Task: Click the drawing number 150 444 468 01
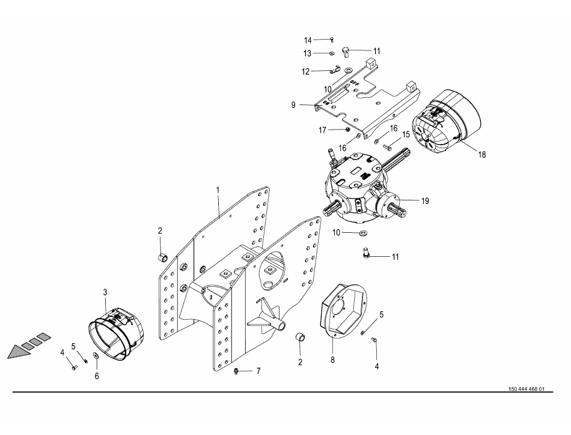(526, 389)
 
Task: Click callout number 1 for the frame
(218, 190)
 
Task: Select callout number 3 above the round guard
(105, 292)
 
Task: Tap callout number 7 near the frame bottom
(258, 371)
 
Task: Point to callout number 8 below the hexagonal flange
(332, 360)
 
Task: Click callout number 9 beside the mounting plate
(293, 105)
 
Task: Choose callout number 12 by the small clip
(305, 71)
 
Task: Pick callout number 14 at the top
(308, 40)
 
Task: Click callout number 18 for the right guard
(482, 155)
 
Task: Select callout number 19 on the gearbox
(425, 201)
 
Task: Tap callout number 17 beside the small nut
(322, 130)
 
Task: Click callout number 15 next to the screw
(406, 134)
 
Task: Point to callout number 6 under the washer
(97, 376)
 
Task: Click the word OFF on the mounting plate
(355, 83)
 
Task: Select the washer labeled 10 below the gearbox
(364, 233)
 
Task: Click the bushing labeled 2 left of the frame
(162, 257)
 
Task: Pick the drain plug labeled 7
(236, 371)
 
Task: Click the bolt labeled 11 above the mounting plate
(346, 52)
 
